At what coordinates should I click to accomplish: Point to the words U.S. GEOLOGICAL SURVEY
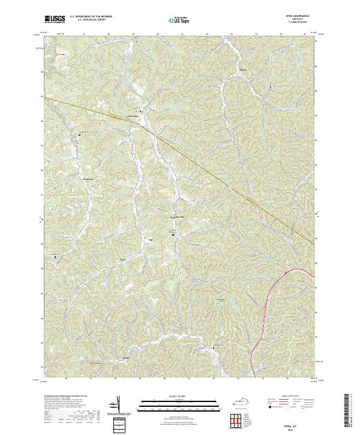87,20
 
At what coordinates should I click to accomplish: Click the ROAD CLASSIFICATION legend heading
287,397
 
